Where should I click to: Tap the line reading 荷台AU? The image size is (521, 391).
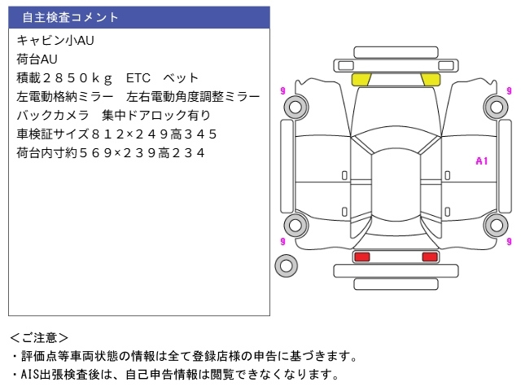pyautogui.click(x=37, y=59)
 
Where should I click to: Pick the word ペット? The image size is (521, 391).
pyautogui.click(x=181, y=78)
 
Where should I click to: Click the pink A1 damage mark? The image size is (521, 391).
pyautogui.click(x=481, y=161)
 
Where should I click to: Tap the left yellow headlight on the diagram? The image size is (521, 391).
pyautogui.click(x=361, y=79)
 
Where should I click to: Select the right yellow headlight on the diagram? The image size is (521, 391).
pyautogui.click(x=429, y=79)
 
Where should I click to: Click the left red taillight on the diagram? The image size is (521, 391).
pyautogui.click(x=361, y=257)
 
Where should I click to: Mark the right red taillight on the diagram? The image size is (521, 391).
pyautogui.click(x=429, y=257)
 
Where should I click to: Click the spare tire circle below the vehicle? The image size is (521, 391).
pyautogui.click(x=286, y=264)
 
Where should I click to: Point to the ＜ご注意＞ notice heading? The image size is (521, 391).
pyautogui.click(x=39, y=337)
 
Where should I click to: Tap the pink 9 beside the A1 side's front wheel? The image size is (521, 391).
pyautogui.click(x=509, y=90)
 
